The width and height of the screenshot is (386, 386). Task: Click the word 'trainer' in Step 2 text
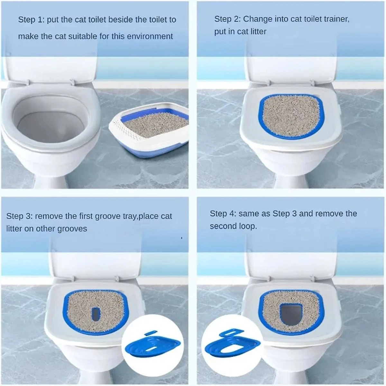click(335, 19)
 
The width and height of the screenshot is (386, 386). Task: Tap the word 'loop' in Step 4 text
click(248, 226)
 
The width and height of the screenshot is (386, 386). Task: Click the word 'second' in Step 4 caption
click(224, 226)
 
